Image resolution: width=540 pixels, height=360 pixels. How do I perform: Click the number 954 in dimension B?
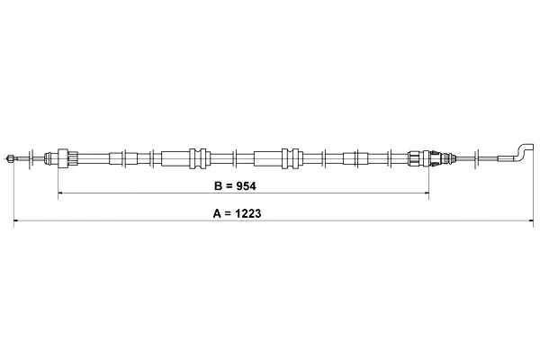246,186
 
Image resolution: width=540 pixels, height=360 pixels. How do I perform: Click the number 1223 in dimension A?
248,213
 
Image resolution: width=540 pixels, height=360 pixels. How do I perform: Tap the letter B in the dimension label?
218,186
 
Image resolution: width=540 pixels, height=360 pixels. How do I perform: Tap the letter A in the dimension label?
217,213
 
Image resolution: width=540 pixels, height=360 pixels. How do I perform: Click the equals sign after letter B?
229,186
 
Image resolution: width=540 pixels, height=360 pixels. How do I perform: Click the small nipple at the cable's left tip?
10,158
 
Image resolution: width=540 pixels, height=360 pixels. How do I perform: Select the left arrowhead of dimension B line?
60,193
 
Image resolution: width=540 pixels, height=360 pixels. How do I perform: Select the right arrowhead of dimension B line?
427,193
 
